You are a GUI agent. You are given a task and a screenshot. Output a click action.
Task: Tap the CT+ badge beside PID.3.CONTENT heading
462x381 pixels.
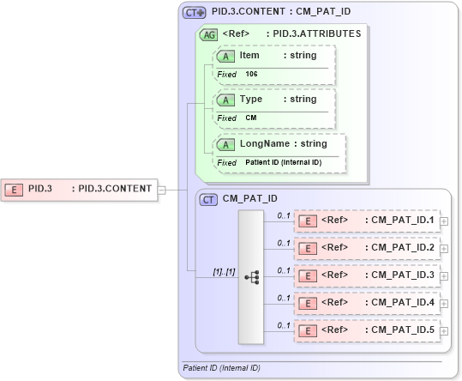[195, 13]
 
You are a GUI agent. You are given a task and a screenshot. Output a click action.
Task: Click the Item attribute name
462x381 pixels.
[249, 56]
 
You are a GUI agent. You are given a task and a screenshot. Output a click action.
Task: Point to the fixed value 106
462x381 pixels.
[251, 75]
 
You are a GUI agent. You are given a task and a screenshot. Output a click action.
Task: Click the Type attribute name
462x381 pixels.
[251, 99]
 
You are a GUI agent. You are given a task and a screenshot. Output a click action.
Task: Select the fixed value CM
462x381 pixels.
[250, 118]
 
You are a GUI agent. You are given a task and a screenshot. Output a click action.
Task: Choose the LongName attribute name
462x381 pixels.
[261, 143]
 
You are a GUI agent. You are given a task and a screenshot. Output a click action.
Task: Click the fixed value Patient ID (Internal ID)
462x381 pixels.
[282, 162]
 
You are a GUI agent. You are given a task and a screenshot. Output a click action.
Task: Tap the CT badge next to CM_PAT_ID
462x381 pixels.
[208, 199]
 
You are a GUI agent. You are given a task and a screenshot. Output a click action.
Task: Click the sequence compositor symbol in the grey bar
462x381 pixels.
[251, 277]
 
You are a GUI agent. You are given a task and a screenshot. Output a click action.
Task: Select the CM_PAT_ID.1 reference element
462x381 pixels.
[367, 221]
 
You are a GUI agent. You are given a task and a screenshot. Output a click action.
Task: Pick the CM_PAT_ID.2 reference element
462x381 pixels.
[367, 248]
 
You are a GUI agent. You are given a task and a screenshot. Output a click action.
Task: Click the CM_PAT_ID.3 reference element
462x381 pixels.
[367, 275]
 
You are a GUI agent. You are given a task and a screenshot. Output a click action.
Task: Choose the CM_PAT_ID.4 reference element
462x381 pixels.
[367, 303]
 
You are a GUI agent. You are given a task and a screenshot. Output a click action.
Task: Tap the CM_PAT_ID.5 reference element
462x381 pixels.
[367, 330]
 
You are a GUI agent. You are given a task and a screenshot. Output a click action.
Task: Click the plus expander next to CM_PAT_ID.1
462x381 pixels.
[443, 221]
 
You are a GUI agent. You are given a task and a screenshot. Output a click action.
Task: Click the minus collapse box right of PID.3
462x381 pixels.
[162, 190]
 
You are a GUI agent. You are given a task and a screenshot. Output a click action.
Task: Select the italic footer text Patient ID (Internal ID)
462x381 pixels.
[222, 368]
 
